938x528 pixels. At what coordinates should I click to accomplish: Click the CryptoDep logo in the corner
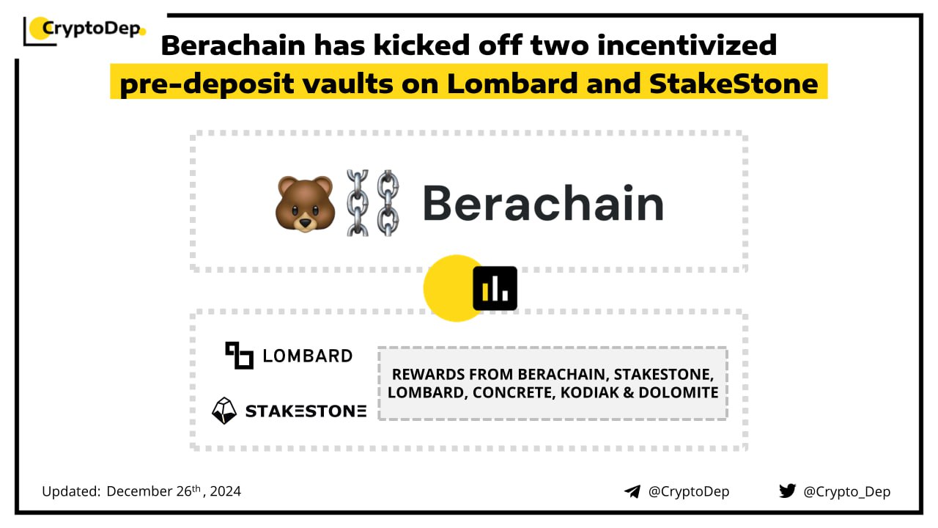[84, 31]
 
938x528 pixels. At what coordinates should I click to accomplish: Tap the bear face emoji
[305, 204]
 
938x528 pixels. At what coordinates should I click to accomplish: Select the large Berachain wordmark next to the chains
[543, 203]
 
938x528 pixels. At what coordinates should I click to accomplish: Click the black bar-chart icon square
[495, 288]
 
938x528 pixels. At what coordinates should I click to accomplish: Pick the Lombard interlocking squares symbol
[239, 356]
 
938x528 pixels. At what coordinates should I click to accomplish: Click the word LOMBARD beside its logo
[307, 356]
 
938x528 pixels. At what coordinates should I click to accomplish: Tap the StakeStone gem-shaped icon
[224, 411]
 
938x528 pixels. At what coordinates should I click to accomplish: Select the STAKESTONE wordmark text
[306, 411]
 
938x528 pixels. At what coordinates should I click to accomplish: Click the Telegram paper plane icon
[632, 491]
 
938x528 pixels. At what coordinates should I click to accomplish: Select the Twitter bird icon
[787, 491]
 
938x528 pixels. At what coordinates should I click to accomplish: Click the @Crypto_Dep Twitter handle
[846, 491]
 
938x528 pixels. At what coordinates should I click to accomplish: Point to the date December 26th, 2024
[174, 491]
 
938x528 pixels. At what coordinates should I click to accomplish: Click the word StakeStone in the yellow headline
[734, 84]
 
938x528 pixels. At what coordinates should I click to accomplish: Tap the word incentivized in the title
[687, 45]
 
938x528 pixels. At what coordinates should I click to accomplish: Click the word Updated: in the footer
[71, 491]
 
